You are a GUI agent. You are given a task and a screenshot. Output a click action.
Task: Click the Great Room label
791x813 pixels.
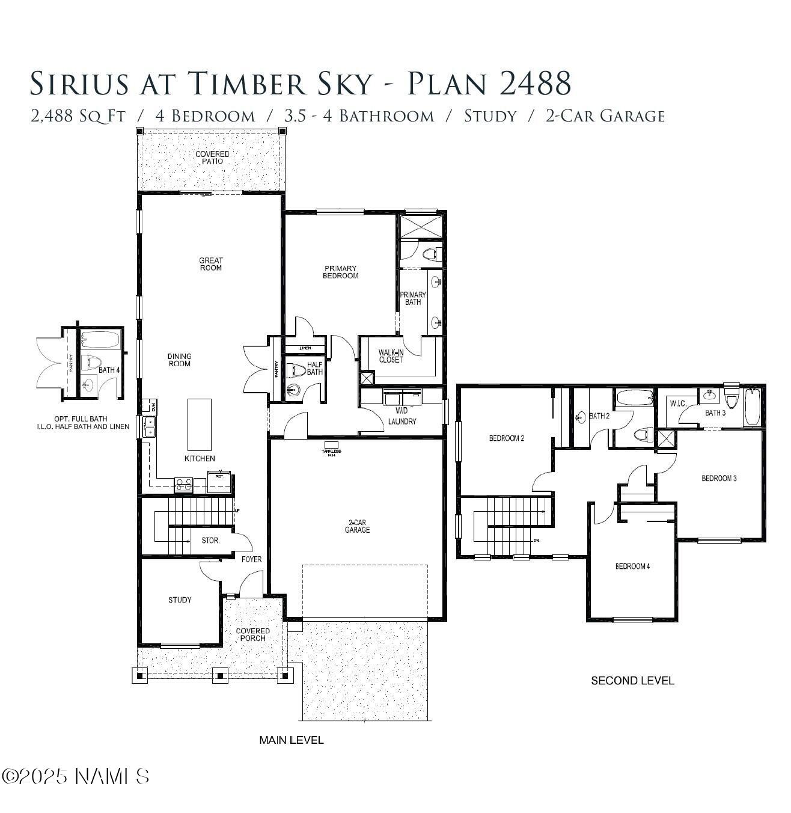pos(210,264)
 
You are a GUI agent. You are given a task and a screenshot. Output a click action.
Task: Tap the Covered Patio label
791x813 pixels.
pos(212,158)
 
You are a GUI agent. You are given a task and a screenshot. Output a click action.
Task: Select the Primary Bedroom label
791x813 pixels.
pos(340,272)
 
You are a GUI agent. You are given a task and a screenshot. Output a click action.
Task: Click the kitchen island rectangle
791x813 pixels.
pos(200,424)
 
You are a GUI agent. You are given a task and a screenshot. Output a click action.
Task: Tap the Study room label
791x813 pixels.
pos(180,600)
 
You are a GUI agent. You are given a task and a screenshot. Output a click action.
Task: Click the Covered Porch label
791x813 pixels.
pos(252,634)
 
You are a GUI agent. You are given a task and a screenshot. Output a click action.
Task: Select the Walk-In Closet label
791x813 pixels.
pos(391,356)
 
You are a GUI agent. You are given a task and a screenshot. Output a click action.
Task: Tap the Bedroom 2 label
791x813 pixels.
pos(506,438)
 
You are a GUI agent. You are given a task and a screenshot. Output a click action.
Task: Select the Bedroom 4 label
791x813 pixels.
pos(632,566)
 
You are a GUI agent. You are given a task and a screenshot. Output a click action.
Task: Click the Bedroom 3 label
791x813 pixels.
pos(719,479)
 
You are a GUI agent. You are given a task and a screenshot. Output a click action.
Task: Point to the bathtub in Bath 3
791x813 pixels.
pos(752,408)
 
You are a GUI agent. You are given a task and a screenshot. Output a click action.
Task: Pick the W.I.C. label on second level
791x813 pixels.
pos(678,403)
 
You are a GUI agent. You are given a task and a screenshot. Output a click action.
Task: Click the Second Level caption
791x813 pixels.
pos(632,681)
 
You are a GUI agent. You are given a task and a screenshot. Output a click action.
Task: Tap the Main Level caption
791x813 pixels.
pos(291,740)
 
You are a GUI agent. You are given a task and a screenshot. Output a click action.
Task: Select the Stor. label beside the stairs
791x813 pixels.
pos(210,541)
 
